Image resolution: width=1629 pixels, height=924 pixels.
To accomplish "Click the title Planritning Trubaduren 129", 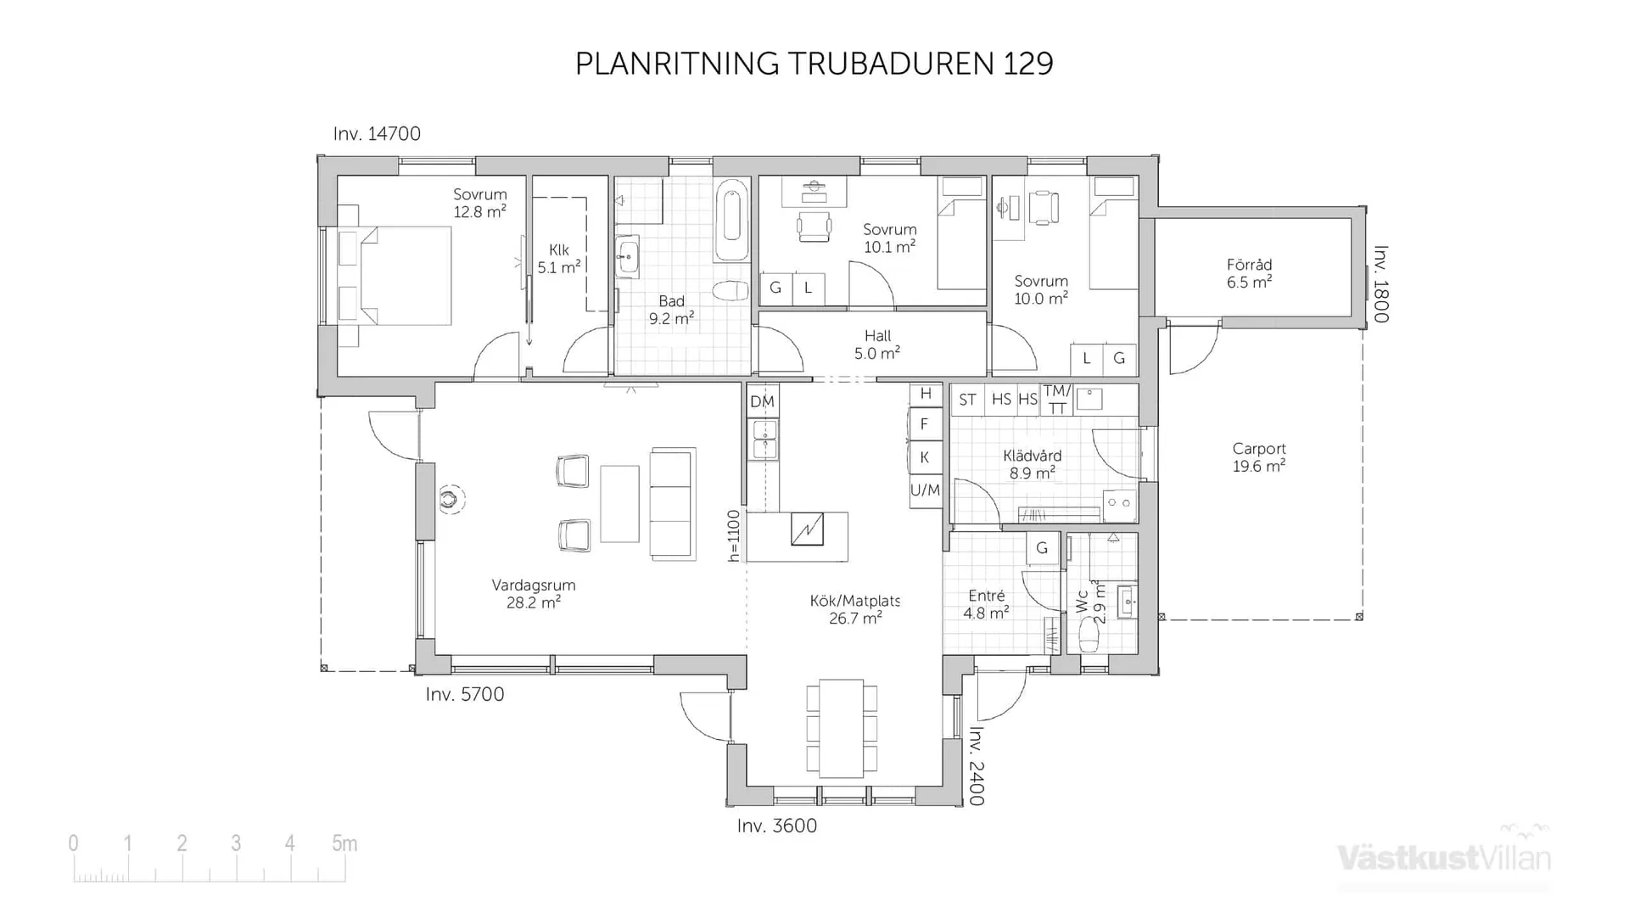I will [814, 64].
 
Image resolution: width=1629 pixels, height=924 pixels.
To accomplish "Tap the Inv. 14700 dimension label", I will [377, 134].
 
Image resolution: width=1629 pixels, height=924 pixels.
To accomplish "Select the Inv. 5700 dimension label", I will [464, 694].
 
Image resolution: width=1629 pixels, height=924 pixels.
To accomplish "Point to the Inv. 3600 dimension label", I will [776, 826].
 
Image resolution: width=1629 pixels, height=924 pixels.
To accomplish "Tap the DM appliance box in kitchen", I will [762, 401].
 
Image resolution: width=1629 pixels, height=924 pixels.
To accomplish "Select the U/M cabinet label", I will [925, 490].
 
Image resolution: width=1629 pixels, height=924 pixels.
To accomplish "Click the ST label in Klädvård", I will [967, 400].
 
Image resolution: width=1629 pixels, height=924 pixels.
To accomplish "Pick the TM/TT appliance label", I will [1056, 400].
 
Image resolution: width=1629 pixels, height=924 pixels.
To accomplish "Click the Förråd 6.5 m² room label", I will [1249, 273].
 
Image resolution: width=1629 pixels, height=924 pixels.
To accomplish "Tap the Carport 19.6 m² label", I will [1259, 457].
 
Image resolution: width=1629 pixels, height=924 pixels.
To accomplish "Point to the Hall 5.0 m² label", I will [876, 344].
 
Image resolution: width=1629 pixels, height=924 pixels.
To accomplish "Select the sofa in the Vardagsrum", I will [672, 503].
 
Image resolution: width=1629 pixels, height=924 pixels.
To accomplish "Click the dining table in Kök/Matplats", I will [841, 728].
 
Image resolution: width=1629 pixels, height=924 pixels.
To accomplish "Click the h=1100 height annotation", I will [734, 535].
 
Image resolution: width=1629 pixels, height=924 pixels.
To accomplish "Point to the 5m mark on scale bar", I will [344, 843].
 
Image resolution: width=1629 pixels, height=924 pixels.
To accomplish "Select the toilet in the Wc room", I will [1089, 635].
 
